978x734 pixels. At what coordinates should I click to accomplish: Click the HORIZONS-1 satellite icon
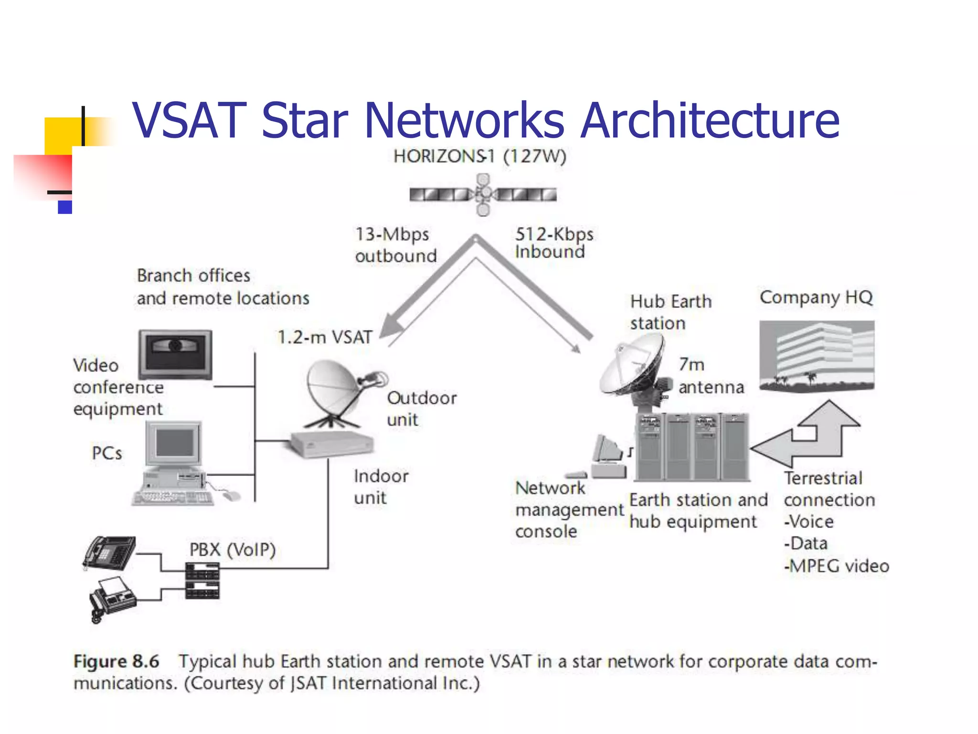pos(483,194)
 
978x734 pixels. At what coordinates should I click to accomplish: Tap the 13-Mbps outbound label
pos(395,245)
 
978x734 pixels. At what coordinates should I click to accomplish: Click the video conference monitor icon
pos(175,354)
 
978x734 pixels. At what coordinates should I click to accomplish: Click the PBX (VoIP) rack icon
pos(202,581)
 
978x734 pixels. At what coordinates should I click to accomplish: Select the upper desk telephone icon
pos(109,553)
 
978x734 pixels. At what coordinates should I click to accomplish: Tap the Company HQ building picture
pos(817,356)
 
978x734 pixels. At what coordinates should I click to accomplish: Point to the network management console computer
pos(606,456)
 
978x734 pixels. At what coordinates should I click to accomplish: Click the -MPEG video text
pos(836,566)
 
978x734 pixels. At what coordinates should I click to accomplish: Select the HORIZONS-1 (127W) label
pos(479,156)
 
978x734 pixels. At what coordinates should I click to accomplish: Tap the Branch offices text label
pos(193,276)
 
